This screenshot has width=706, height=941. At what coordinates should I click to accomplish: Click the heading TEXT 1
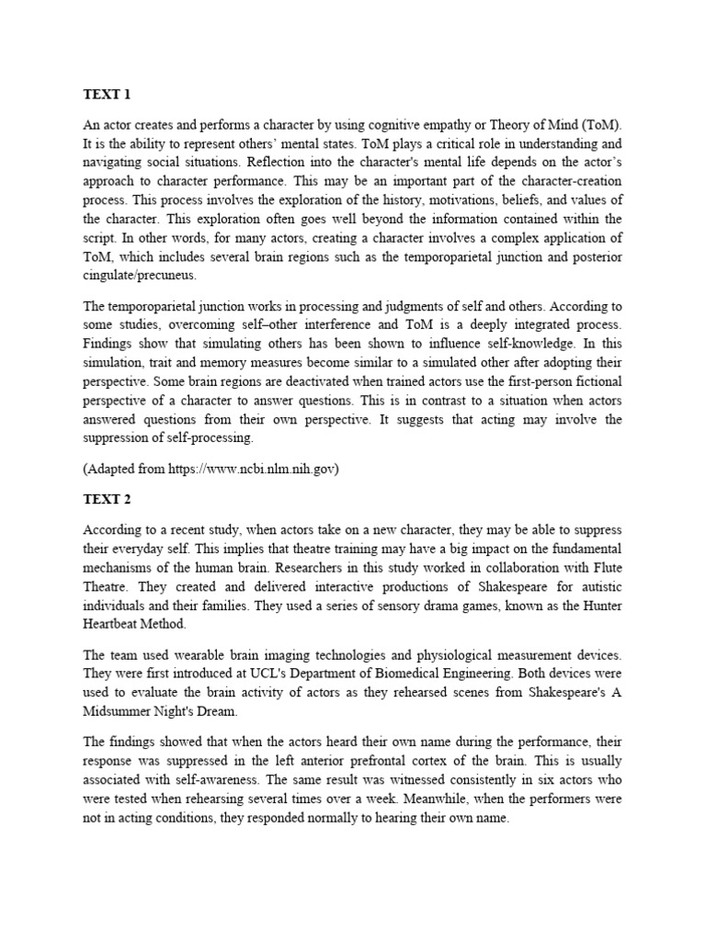pos(108,93)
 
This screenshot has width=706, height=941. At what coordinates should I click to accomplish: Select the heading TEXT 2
pos(108,499)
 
